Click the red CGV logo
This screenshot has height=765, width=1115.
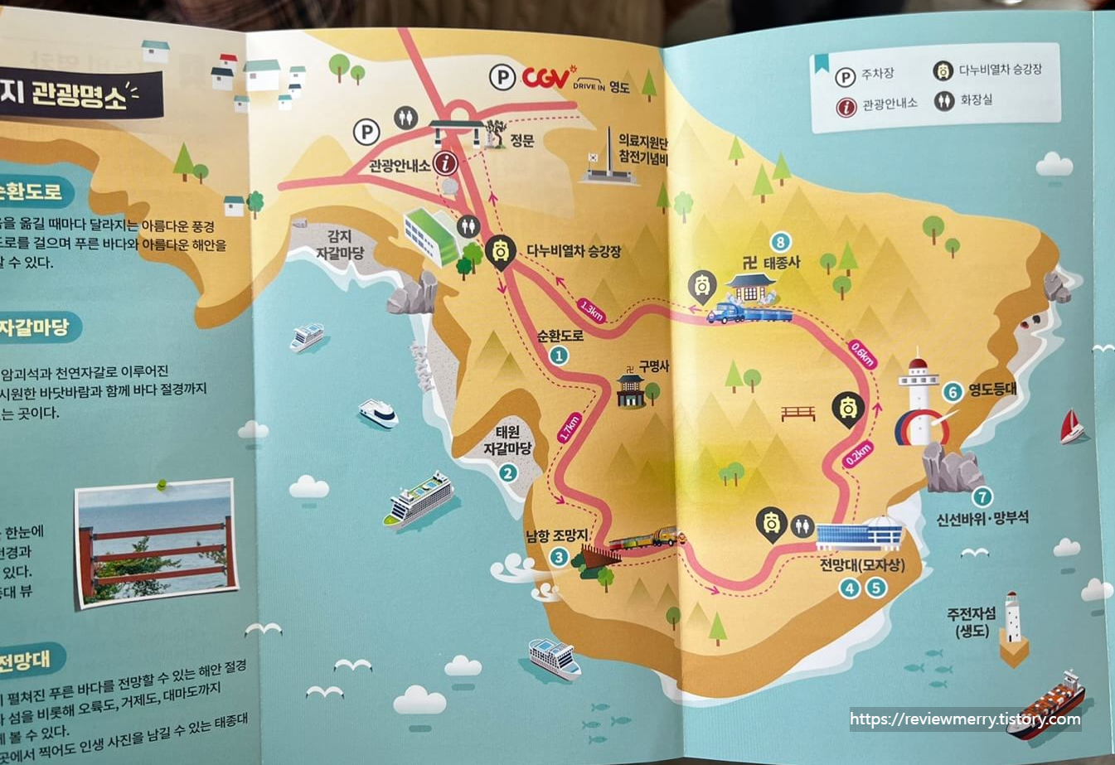[x=545, y=78]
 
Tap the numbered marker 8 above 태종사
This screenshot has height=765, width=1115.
[x=779, y=242]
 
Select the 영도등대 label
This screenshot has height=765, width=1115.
[x=992, y=390]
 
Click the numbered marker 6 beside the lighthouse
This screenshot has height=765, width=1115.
[x=953, y=392]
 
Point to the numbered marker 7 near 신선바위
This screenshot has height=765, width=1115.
[x=982, y=496]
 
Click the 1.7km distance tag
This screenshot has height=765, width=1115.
[x=569, y=427]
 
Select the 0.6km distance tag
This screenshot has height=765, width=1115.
[x=862, y=354]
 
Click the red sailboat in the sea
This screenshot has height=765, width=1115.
[x=1071, y=427]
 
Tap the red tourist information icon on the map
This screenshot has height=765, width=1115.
[x=446, y=163]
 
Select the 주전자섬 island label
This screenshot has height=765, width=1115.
[x=972, y=622]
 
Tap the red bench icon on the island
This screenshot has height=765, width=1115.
[x=798, y=412]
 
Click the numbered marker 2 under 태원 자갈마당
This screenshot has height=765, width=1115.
[x=507, y=473]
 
